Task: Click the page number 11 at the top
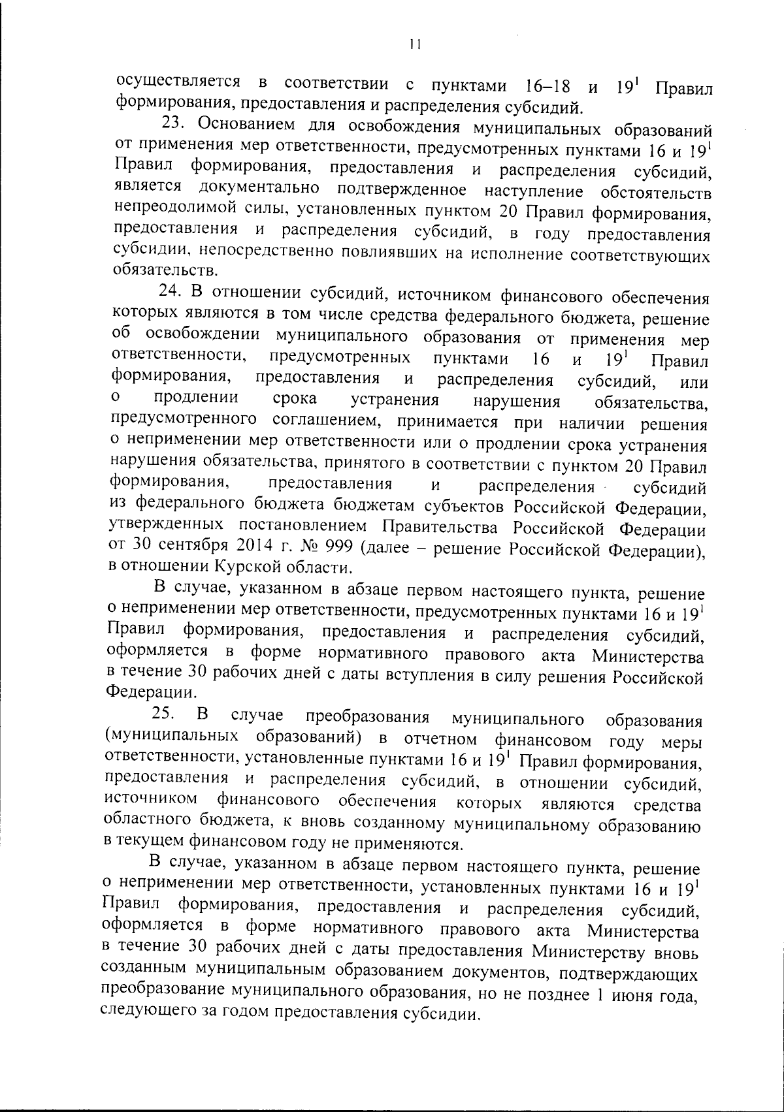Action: pyautogui.click(x=413, y=44)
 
